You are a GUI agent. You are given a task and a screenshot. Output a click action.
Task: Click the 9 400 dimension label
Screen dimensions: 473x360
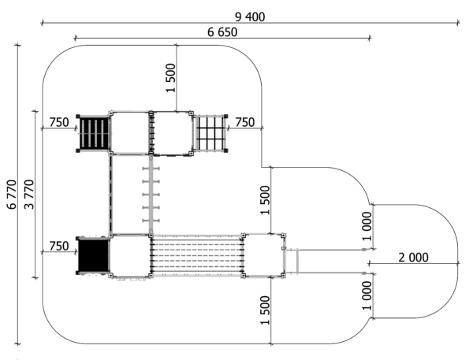(250, 17)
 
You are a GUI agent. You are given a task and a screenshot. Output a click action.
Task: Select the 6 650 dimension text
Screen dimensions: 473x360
(222, 32)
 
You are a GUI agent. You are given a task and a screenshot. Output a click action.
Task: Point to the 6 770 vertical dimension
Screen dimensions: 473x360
(12, 195)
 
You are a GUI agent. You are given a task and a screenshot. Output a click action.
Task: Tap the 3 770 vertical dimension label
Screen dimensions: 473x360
(30, 195)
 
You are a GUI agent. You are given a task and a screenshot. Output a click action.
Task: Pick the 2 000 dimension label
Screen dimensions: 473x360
(413, 258)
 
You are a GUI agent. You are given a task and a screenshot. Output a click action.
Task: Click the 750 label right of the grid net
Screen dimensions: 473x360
(244, 122)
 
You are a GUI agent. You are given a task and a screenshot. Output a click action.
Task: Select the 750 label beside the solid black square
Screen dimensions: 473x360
(59, 246)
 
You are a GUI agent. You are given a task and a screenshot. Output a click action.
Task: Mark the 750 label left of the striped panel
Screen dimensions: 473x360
(59, 122)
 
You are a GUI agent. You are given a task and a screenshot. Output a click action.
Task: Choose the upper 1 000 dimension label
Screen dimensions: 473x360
(367, 226)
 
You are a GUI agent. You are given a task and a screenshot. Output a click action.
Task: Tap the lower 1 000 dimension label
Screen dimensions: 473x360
(367, 295)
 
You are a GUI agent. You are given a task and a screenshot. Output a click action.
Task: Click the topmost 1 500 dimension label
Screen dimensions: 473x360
(170, 78)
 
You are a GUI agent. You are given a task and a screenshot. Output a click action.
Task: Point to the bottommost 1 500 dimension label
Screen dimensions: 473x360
(265, 310)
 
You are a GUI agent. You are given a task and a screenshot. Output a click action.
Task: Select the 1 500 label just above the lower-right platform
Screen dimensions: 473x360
(265, 200)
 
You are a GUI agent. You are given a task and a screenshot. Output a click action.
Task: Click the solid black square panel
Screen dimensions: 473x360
(93, 255)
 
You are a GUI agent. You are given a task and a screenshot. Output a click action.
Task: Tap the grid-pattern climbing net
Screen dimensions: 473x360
(210, 133)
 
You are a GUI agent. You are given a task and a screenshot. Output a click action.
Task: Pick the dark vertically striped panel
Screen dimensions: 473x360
(93, 133)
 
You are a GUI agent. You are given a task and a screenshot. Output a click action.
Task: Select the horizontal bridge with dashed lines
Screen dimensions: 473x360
(197, 255)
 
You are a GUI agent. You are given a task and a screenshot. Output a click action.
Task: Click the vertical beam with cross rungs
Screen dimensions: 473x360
(151, 194)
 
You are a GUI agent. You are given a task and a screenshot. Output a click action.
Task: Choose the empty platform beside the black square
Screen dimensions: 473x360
(130, 255)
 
